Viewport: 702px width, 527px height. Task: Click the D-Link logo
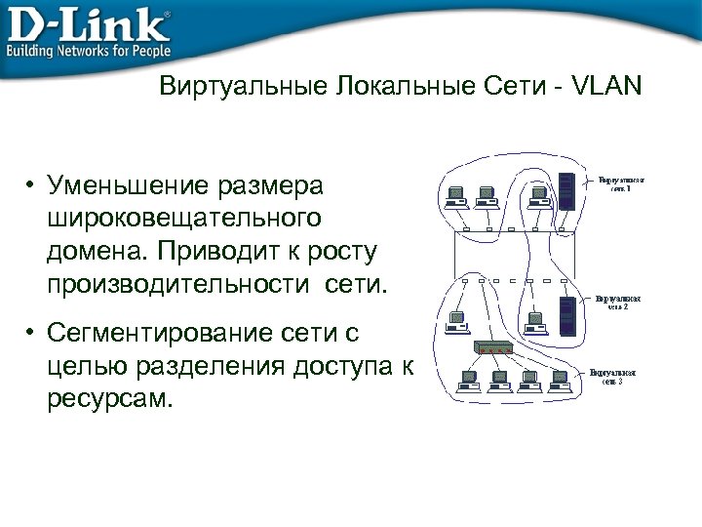[x=88, y=21]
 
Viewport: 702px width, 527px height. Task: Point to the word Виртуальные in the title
[x=244, y=87]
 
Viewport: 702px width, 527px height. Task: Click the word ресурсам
[x=108, y=400]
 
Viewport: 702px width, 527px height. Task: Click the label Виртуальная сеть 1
[x=620, y=183]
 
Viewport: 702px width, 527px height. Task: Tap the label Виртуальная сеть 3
[x=612, y=377]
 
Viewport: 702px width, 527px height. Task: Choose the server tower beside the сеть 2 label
[x=565, y=311]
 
